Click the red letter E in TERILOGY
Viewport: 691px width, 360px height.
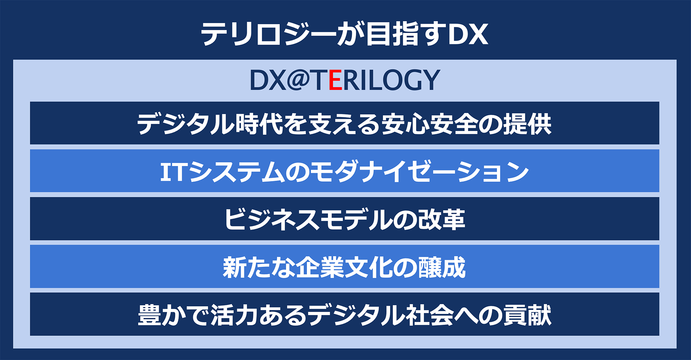pyautogui.click(x=335, y=80)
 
